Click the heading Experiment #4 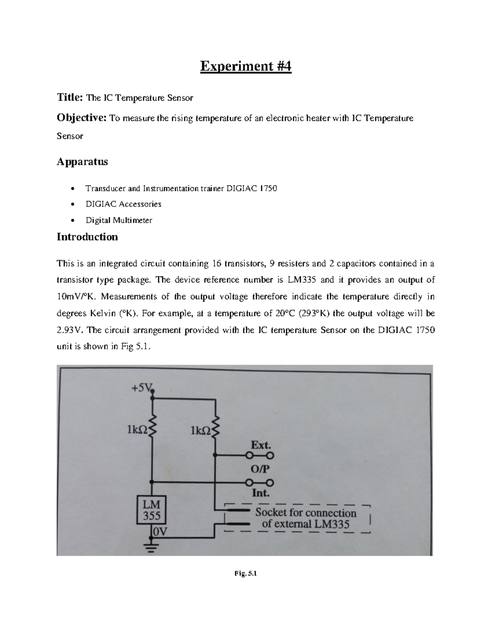pos(246,66)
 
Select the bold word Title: pos(70,98)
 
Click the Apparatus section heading pos(82,162)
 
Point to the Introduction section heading pos(87,237)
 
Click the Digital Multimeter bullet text pos(118,220)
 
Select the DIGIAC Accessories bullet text pos(123,204)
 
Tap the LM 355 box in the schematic pos(151,509)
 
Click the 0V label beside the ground pos(160,532)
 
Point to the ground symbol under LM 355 pos(152,548)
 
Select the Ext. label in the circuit pos(261,445)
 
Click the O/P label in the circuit pos(260,469)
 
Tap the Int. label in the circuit pos(260,493)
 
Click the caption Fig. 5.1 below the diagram pos(246,574)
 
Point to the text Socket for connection pos(306,513)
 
